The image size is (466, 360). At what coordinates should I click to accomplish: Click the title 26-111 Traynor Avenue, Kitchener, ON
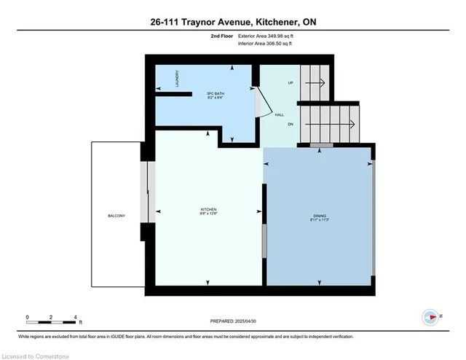pyautogui.click(x=233, y=23)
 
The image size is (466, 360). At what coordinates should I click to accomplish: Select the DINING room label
pyautogui.click(x=320, y=216)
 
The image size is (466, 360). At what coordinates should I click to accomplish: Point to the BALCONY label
pyautogui.click(x=116, y=216)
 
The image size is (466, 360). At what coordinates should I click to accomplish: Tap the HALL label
pyautogui.click(x=279, y=114)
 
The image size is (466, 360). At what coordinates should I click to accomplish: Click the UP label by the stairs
pyautogui.click(x=291, y=83)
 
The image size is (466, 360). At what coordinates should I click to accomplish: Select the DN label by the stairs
pyautogui.click(x=291, y=124)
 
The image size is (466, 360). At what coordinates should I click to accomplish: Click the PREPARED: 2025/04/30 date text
pyautogui.click(x=233, y=321)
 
